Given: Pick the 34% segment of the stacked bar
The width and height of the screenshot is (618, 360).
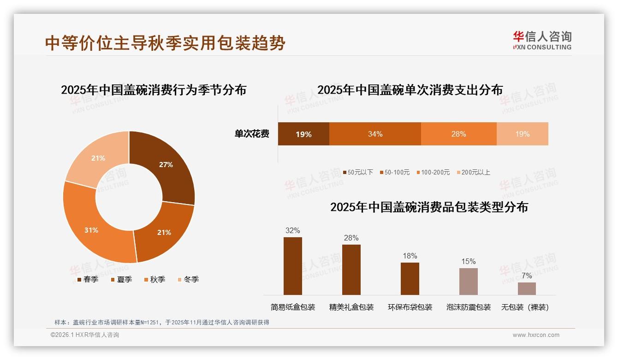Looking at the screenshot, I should [x=375, y=134].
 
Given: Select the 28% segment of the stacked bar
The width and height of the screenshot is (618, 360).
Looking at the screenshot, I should [x=458, y=134].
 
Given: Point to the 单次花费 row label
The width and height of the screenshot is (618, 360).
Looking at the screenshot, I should [x=252, y=134].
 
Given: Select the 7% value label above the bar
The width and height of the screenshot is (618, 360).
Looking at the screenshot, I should [x=527, y=276].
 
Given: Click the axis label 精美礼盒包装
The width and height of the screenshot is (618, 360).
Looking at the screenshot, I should [x=351, y=307].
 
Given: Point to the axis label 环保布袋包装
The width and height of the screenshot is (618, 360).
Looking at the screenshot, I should [x=410, y=307].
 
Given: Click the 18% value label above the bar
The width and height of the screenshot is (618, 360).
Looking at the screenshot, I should [x=410, y=256].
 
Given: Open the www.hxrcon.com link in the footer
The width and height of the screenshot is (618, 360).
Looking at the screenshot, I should [x=536, y=335].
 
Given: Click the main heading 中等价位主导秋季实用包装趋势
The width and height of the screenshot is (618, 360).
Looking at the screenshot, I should [x=165, y=43].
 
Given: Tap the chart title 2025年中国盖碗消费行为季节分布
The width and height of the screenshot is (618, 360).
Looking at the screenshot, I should [x=154, y=90].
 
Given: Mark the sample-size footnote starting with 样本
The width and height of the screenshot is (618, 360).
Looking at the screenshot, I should [x=161, y=323].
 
